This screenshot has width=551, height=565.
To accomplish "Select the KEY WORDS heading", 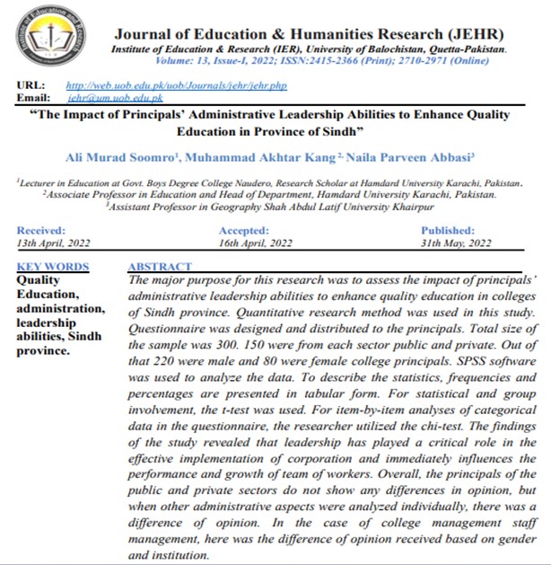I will coord(53,267).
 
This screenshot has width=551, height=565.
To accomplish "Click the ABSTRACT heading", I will coord(160,267).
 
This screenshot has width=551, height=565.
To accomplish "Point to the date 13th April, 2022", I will coord(55,243).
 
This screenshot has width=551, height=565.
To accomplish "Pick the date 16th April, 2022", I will coord(256,243).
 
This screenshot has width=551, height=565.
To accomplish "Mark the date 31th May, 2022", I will coord(457,243).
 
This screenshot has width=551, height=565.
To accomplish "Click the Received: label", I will coord(41,231).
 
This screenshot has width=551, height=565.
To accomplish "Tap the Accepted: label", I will coord(244,231).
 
